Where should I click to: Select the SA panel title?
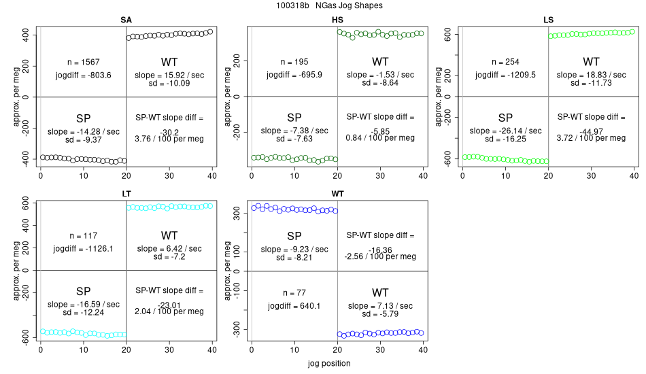pos(126,20)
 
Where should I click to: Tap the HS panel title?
pos(337,20)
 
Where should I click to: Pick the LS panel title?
pos(548,20)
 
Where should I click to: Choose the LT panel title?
pos(126,194)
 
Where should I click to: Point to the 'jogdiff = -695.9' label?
pos(294,74)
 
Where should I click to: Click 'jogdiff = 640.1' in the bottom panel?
pos(294,305)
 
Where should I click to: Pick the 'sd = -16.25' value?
pos(506,138)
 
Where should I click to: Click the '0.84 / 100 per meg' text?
pos(380,138)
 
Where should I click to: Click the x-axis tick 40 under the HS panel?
pos(423,175)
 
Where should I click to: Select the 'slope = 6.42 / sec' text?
pos(169,249)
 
